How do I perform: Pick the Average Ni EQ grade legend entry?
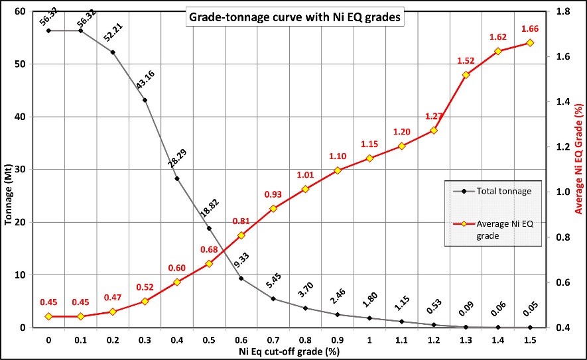[503, 229]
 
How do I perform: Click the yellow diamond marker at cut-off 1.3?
[466, 75]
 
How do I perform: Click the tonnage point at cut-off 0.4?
[177, 178]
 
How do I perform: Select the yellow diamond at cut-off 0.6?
[241, 235]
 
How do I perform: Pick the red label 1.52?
[465, 60]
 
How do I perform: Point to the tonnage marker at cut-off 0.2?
[113, 52]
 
